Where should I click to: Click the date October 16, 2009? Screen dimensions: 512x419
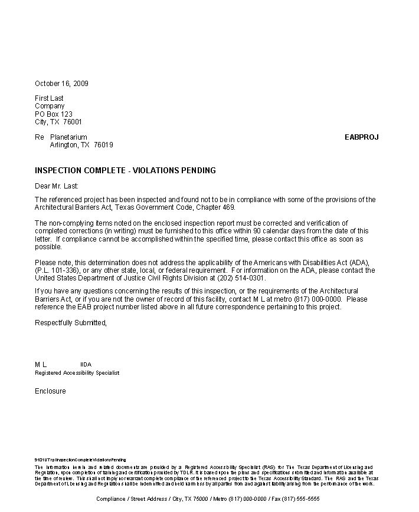tap(61, 84)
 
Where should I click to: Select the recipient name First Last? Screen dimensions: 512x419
tap(49, 98)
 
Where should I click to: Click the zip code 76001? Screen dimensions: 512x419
tap(73, 122)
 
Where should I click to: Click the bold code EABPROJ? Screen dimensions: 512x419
tap(361, 137)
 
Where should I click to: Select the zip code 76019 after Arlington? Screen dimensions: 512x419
tap(103, 145)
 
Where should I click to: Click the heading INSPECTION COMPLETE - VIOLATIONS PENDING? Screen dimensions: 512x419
tap(125, 171)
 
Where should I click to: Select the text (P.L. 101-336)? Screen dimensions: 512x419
tap(57, 270)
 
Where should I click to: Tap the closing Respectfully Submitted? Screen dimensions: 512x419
tap(71, 323)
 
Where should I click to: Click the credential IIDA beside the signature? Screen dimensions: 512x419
tap(86, 365)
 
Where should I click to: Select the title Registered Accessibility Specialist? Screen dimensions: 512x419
tap(77, 373)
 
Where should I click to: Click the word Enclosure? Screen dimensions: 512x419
tap(50, 391)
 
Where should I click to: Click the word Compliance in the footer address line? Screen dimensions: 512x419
tap(111, 498)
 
